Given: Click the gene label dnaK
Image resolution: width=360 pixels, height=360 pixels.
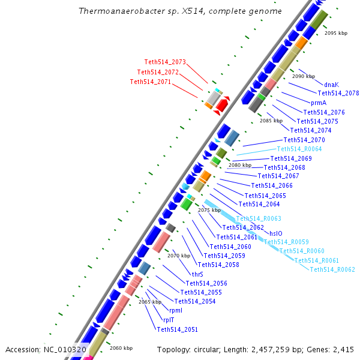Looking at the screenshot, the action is pos(331,85).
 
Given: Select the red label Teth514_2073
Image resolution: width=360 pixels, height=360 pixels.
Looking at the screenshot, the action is pos(165,62).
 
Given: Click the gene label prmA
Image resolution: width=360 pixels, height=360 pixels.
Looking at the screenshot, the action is pos(319,103).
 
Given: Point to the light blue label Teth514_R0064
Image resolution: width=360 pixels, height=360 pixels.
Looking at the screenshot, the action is pos(299,149).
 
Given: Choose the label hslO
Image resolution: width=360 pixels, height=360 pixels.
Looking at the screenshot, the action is pos(275,233).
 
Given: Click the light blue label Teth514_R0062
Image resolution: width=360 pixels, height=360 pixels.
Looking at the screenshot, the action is pos(332,269).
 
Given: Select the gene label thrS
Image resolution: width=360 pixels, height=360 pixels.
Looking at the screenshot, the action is pos(197,274).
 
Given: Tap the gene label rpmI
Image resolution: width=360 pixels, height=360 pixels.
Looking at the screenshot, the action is pos(176,310).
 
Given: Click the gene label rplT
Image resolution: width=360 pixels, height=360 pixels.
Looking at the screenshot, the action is pos(169,320).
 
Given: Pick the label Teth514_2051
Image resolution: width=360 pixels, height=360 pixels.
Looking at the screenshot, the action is pos(177,329).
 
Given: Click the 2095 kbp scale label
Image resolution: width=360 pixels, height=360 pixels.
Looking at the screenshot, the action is pos(335,34).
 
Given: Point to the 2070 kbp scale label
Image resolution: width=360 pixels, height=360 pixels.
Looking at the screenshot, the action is pos(178,256).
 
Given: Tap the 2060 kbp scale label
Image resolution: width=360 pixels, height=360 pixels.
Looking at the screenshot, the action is pos(121,348).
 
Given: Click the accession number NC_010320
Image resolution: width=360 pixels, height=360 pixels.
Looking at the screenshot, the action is pos(65,349).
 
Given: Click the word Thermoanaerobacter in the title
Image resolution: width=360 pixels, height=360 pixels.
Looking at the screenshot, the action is pos(115,11).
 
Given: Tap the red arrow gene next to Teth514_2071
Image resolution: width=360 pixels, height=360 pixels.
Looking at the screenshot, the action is pos(221,106).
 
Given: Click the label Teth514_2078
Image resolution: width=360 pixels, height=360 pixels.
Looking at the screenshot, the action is pos(338,93).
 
